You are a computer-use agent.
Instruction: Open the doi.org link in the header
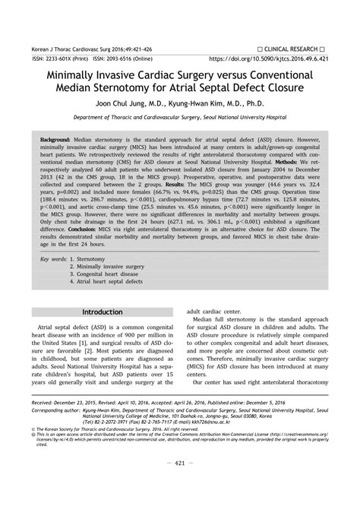click(x=269, y=57)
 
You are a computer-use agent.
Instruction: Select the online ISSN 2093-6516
click(x=130, y=57)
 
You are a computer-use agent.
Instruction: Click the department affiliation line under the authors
click(x=180, y=119)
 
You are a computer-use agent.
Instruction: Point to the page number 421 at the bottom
click(x=180, y=484)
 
